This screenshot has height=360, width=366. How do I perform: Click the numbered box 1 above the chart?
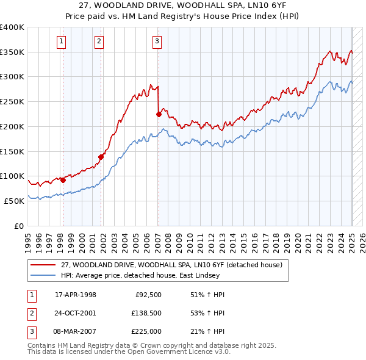[62, 41]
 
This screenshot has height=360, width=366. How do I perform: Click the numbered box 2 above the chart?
[99, 41]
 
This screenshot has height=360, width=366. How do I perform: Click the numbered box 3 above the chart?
[157, 41]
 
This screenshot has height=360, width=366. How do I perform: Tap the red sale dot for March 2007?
[159, 114]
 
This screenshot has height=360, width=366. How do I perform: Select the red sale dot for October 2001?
[101, 156]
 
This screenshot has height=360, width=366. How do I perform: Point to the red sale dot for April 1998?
[63, 179]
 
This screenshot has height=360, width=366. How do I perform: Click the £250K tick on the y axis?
[12, 102]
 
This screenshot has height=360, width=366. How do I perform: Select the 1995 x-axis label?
[28, 239]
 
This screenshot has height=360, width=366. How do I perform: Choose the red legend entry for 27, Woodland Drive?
[171, 265]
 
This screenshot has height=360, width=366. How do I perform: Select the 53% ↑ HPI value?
[204, 313]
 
